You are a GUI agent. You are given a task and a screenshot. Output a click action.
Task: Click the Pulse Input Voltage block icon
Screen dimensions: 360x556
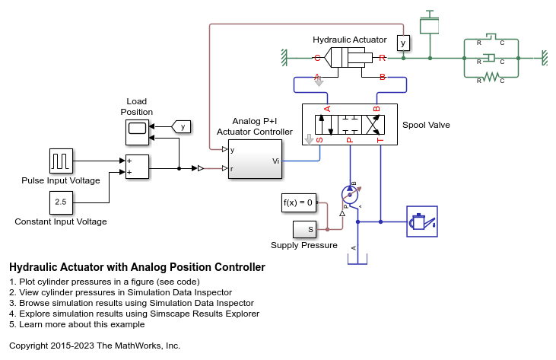[61, 161]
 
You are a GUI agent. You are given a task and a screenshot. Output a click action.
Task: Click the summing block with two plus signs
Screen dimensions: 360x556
[137, 167]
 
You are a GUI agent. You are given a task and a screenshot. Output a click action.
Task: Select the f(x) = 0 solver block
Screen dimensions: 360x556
[298, 202]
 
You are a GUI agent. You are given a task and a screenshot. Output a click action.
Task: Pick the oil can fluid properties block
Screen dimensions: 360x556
[422, 221]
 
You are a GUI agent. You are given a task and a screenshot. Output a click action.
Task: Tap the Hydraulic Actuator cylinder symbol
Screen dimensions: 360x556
[350, 57]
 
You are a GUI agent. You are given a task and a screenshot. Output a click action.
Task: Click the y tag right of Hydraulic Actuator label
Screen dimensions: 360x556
[403, 43]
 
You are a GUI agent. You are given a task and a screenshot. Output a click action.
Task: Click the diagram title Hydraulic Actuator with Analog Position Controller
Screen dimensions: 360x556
[137, 268]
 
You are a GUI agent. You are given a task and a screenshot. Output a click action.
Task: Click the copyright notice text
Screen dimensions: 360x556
[94, 346]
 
